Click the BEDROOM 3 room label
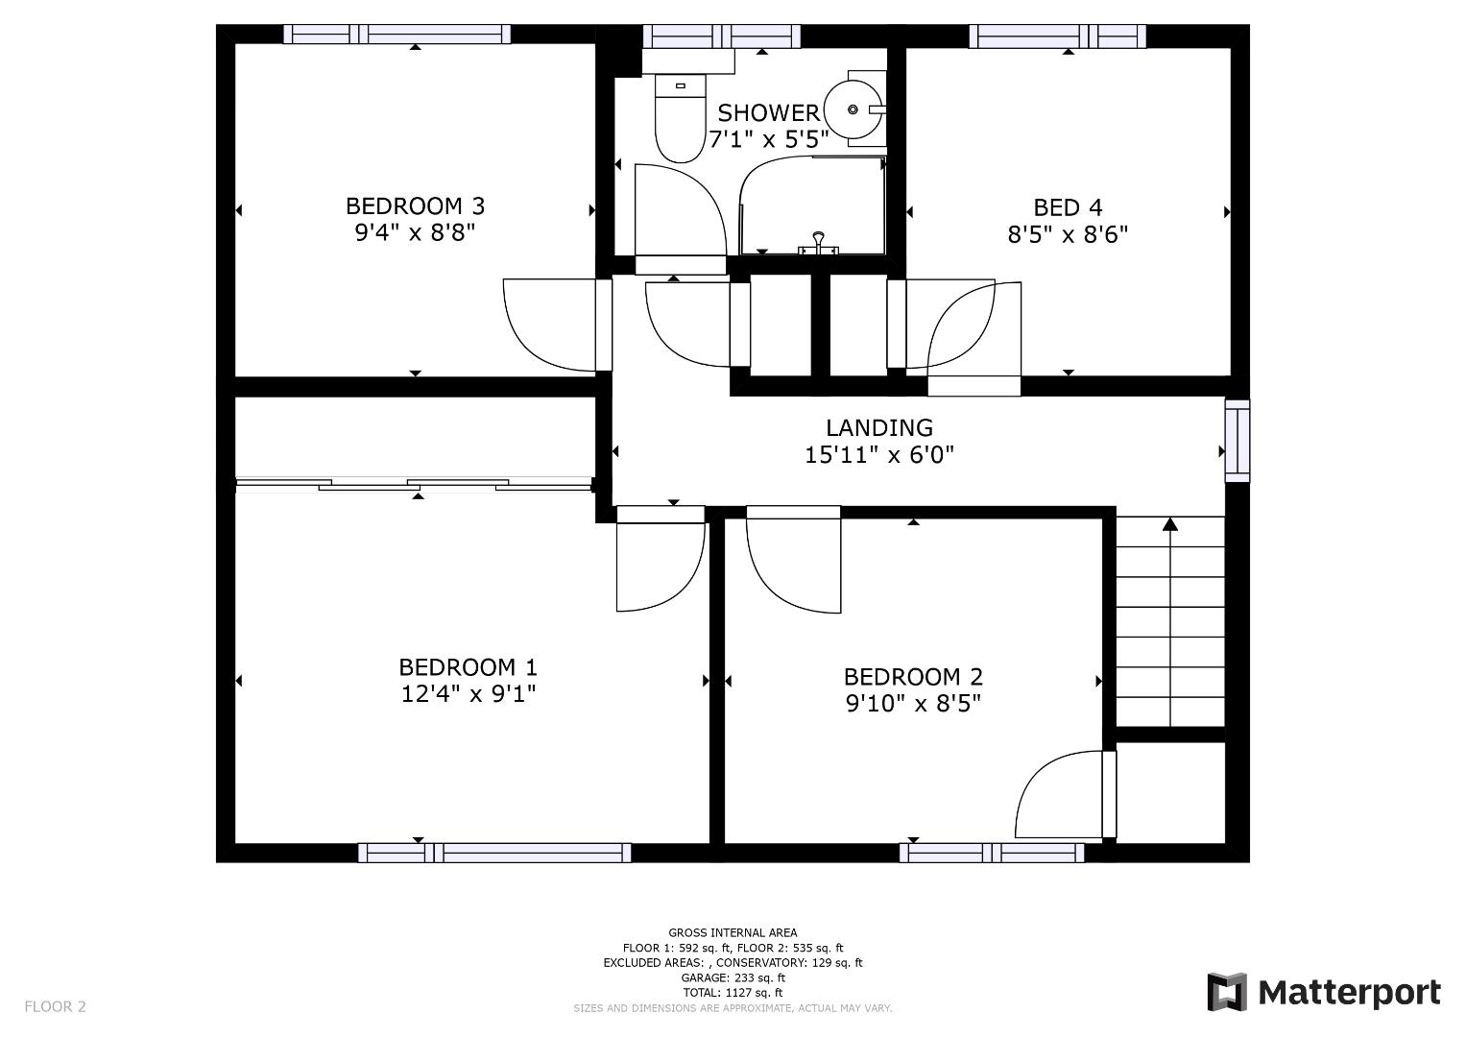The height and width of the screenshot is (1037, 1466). (415, 206)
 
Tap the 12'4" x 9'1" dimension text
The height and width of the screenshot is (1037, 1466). (469, 693)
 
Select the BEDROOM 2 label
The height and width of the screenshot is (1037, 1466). (913, 676)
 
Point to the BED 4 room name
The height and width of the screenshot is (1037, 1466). (1069, 207)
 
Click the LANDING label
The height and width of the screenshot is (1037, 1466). (879, 427)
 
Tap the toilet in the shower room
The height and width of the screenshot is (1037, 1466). (681, 118)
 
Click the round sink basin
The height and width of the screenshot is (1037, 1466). (853, 110)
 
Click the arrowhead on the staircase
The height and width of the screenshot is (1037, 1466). (1170, 523)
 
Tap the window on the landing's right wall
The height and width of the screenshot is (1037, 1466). (1237, 441)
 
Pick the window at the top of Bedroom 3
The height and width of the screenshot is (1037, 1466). (397, 34)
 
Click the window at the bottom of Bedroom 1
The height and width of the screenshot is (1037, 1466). (494, 853)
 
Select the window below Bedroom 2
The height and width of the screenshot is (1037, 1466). (992, 853)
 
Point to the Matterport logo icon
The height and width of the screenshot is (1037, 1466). (1226, 992)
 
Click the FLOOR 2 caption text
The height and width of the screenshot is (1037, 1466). (55, 1006)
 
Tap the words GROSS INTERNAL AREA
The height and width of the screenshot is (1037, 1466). (733, 932)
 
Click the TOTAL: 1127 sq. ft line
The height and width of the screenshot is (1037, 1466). (733, 993)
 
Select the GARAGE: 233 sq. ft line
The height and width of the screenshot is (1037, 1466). (733, 977)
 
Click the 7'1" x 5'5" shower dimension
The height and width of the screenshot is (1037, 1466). (769, 139)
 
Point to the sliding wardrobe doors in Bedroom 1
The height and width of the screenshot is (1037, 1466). (414, 485)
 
